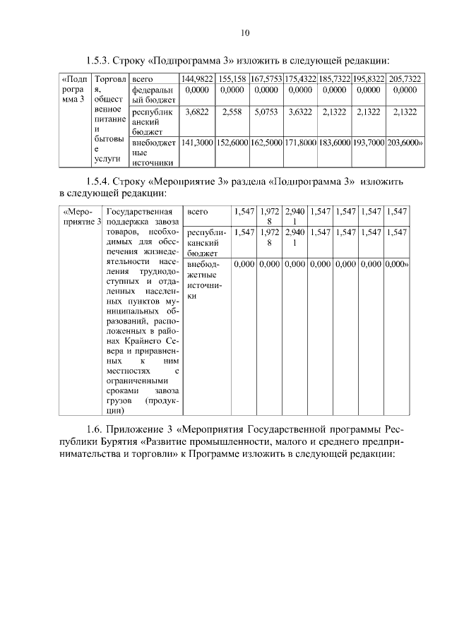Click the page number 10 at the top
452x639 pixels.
point(244,32)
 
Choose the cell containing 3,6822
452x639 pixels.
point(196,112)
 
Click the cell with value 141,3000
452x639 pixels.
point(196,143)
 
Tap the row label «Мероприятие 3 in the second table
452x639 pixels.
point(79,217)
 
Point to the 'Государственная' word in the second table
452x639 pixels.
point(138,211)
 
